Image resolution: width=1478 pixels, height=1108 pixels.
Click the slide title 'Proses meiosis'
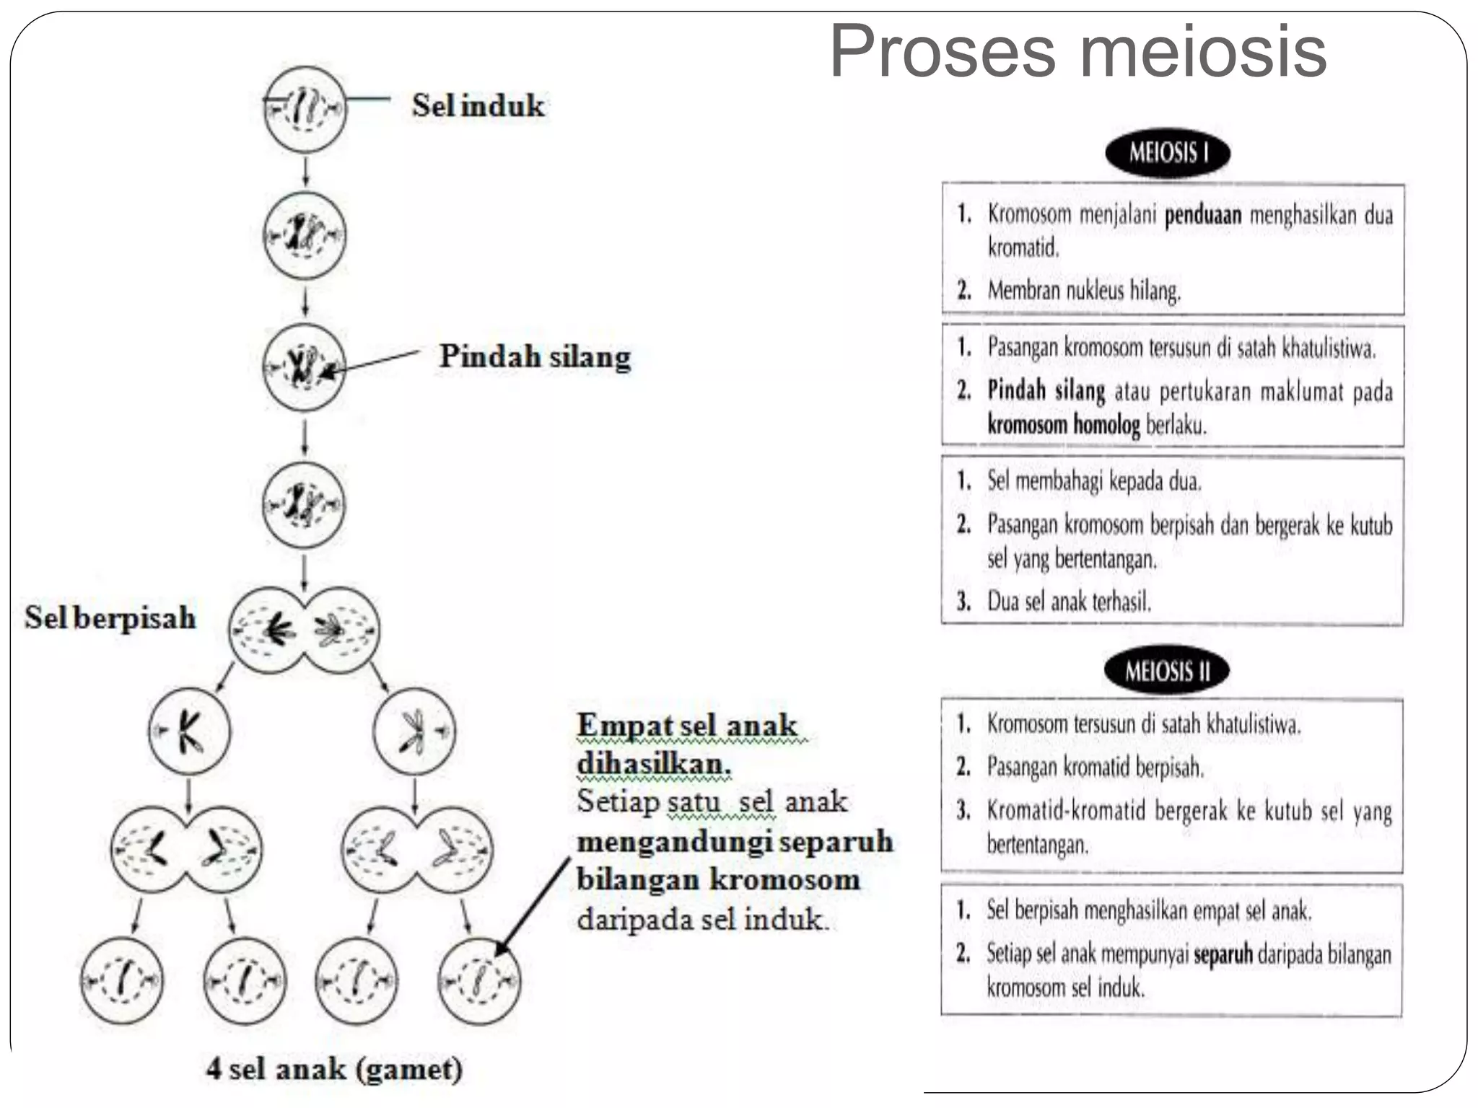coord(1077,52)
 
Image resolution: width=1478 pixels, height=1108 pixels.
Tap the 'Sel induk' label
coord(478,106)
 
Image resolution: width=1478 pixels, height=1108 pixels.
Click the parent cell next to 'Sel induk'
coord(305,109)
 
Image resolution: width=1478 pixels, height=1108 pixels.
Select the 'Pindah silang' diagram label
coord(535,356)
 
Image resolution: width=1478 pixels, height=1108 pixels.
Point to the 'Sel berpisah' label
coord(110,617)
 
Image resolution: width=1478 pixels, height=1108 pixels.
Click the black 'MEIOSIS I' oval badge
coord(1167,153)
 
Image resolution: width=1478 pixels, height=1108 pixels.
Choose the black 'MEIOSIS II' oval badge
coord(1166,671)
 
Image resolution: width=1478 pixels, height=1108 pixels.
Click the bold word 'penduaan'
coord(1203,215)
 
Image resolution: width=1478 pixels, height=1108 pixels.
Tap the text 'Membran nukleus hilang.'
coord(1084,291)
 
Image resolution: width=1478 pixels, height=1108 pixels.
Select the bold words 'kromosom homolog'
coord(1063,424)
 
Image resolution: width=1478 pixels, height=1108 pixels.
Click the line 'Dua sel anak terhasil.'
coord(1069,601)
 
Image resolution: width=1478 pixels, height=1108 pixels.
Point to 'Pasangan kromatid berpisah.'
coord(1095,767)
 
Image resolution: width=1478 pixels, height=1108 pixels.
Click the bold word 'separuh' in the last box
coord(1223,954)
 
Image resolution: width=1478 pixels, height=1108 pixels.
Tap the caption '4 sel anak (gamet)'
coord(334,1068)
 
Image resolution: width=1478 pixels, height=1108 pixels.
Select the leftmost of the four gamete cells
coord(122,980)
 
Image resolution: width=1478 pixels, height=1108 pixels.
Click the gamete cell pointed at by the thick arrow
coord(479,980)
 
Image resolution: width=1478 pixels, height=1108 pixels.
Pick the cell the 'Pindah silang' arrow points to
coord(304,366)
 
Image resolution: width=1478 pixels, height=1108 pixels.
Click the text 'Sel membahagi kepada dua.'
coord(1094,481)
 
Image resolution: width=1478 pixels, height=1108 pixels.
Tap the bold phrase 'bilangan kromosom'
coord(718,880)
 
